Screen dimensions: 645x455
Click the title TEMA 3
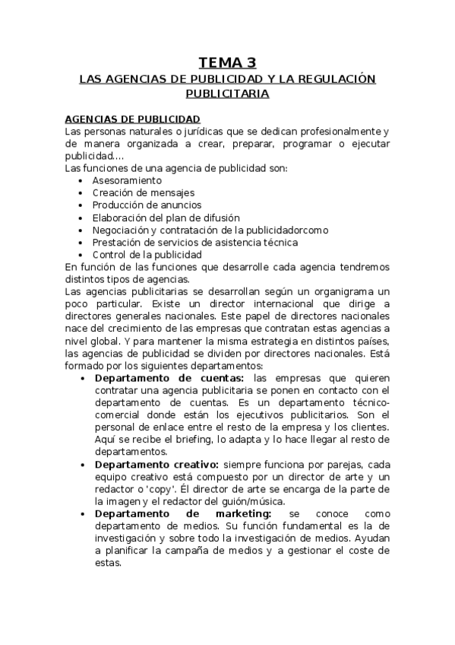[227, 62]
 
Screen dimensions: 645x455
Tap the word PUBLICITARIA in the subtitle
[227, 94]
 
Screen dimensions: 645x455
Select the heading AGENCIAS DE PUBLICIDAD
[133, 119]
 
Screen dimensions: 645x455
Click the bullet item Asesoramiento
[127, 180]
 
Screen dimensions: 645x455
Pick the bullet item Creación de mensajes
[144, 192]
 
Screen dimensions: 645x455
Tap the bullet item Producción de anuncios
[147, 205]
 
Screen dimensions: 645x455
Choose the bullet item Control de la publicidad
[147, 254]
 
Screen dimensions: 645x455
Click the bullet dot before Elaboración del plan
[81, 218]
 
